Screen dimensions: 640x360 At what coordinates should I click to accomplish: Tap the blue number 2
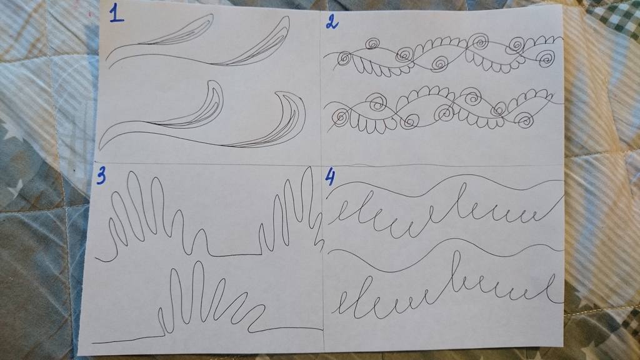point(332,22)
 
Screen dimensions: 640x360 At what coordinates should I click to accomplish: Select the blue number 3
point(101,176)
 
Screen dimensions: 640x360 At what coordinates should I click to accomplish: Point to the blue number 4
point(330,177)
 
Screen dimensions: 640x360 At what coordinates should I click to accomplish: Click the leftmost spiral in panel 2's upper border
point(344,59)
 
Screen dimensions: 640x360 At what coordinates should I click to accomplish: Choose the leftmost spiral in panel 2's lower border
point(340,117)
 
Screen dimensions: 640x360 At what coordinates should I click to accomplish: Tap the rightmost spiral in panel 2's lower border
point(524,120)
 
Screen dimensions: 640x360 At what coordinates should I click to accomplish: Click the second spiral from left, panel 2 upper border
point(372,43)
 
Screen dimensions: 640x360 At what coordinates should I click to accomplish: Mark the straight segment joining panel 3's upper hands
point(235,256)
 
